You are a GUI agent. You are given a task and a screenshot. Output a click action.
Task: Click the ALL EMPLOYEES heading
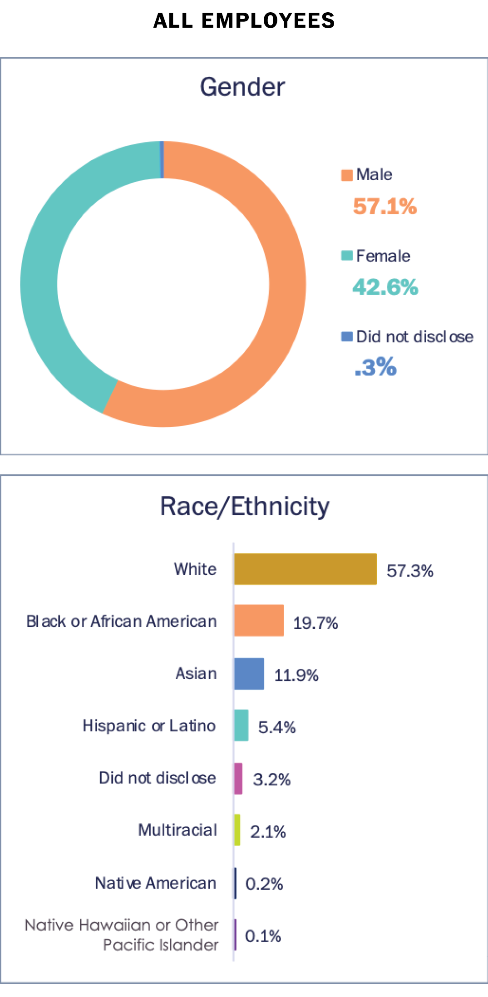click(244, 21)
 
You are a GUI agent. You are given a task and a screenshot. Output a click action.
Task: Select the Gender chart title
click(242, 87)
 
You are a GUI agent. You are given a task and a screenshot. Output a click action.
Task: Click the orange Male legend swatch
click(347, 175)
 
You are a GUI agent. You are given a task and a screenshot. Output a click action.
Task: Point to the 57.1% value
click(384, 207)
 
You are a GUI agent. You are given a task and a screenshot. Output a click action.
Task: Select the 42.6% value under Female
click(385, 287)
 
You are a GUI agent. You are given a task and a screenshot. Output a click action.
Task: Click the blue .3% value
click(375, 367)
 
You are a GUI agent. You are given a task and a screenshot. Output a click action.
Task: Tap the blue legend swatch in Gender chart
click(347, 336)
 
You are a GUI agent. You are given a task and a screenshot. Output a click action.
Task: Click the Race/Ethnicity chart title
click(245, 506)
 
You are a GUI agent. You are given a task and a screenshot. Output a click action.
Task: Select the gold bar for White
click(305, 569)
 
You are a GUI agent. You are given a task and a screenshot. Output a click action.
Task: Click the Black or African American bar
click(259, 620)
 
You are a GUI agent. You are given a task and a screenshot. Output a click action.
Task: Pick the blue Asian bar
click(249, 674)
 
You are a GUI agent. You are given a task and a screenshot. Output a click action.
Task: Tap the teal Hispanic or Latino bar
click(241, 726)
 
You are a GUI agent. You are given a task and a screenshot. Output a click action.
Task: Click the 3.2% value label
click(271, 780)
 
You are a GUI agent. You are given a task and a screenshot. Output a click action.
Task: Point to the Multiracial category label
click(177, 830)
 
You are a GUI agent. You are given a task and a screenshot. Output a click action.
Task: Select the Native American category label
click(155, 883)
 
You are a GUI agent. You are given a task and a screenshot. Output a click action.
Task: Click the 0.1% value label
click(263, 936)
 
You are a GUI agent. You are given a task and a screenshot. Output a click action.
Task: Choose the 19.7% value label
click(315, 623)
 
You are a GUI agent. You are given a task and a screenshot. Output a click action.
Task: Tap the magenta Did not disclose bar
click(238, 779)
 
